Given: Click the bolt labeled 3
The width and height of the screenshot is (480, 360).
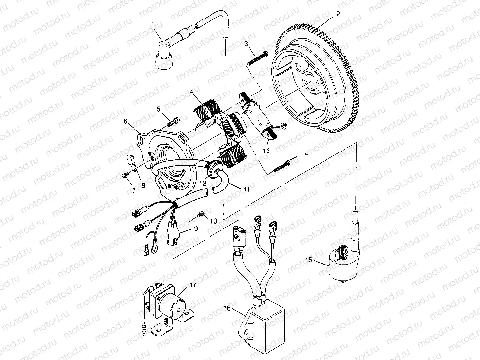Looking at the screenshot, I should pos(256,60).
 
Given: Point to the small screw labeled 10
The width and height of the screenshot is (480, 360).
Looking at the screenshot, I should pos(201,213).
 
